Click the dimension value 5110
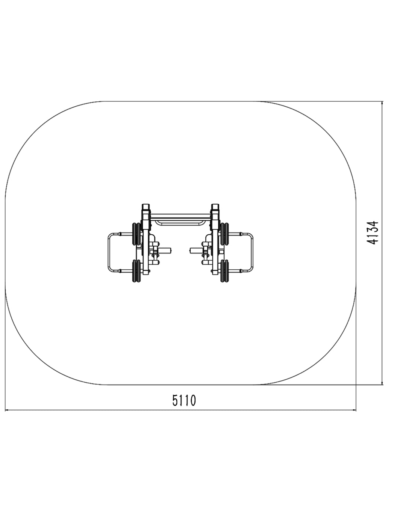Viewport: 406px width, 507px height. (184, 400)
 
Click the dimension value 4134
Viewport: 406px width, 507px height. (373, 232)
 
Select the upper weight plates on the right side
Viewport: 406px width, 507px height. (224, 234)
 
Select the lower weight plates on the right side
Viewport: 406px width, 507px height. (224, 271)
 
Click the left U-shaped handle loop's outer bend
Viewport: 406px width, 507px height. (109, 252)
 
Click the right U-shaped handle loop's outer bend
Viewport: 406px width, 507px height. (252, 252)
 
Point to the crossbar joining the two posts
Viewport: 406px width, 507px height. (180, 216)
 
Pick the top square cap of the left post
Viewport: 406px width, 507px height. (146, 207)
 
